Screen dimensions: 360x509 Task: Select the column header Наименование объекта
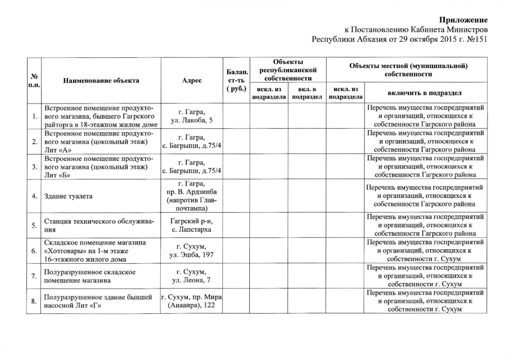tap(101, 80)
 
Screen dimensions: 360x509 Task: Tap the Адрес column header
tap(192, 80)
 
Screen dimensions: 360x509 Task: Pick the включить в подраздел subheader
tap(425, 93)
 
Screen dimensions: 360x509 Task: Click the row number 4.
tap(34, 196)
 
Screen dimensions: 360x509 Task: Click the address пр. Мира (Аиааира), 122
tap(192, 301)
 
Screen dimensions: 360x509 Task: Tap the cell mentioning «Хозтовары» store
tap(101, 251)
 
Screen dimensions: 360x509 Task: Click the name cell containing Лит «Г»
tap(101, 301)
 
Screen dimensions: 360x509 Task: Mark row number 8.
tap(34, 301)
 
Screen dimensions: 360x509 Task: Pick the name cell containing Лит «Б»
tap(101, 166)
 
